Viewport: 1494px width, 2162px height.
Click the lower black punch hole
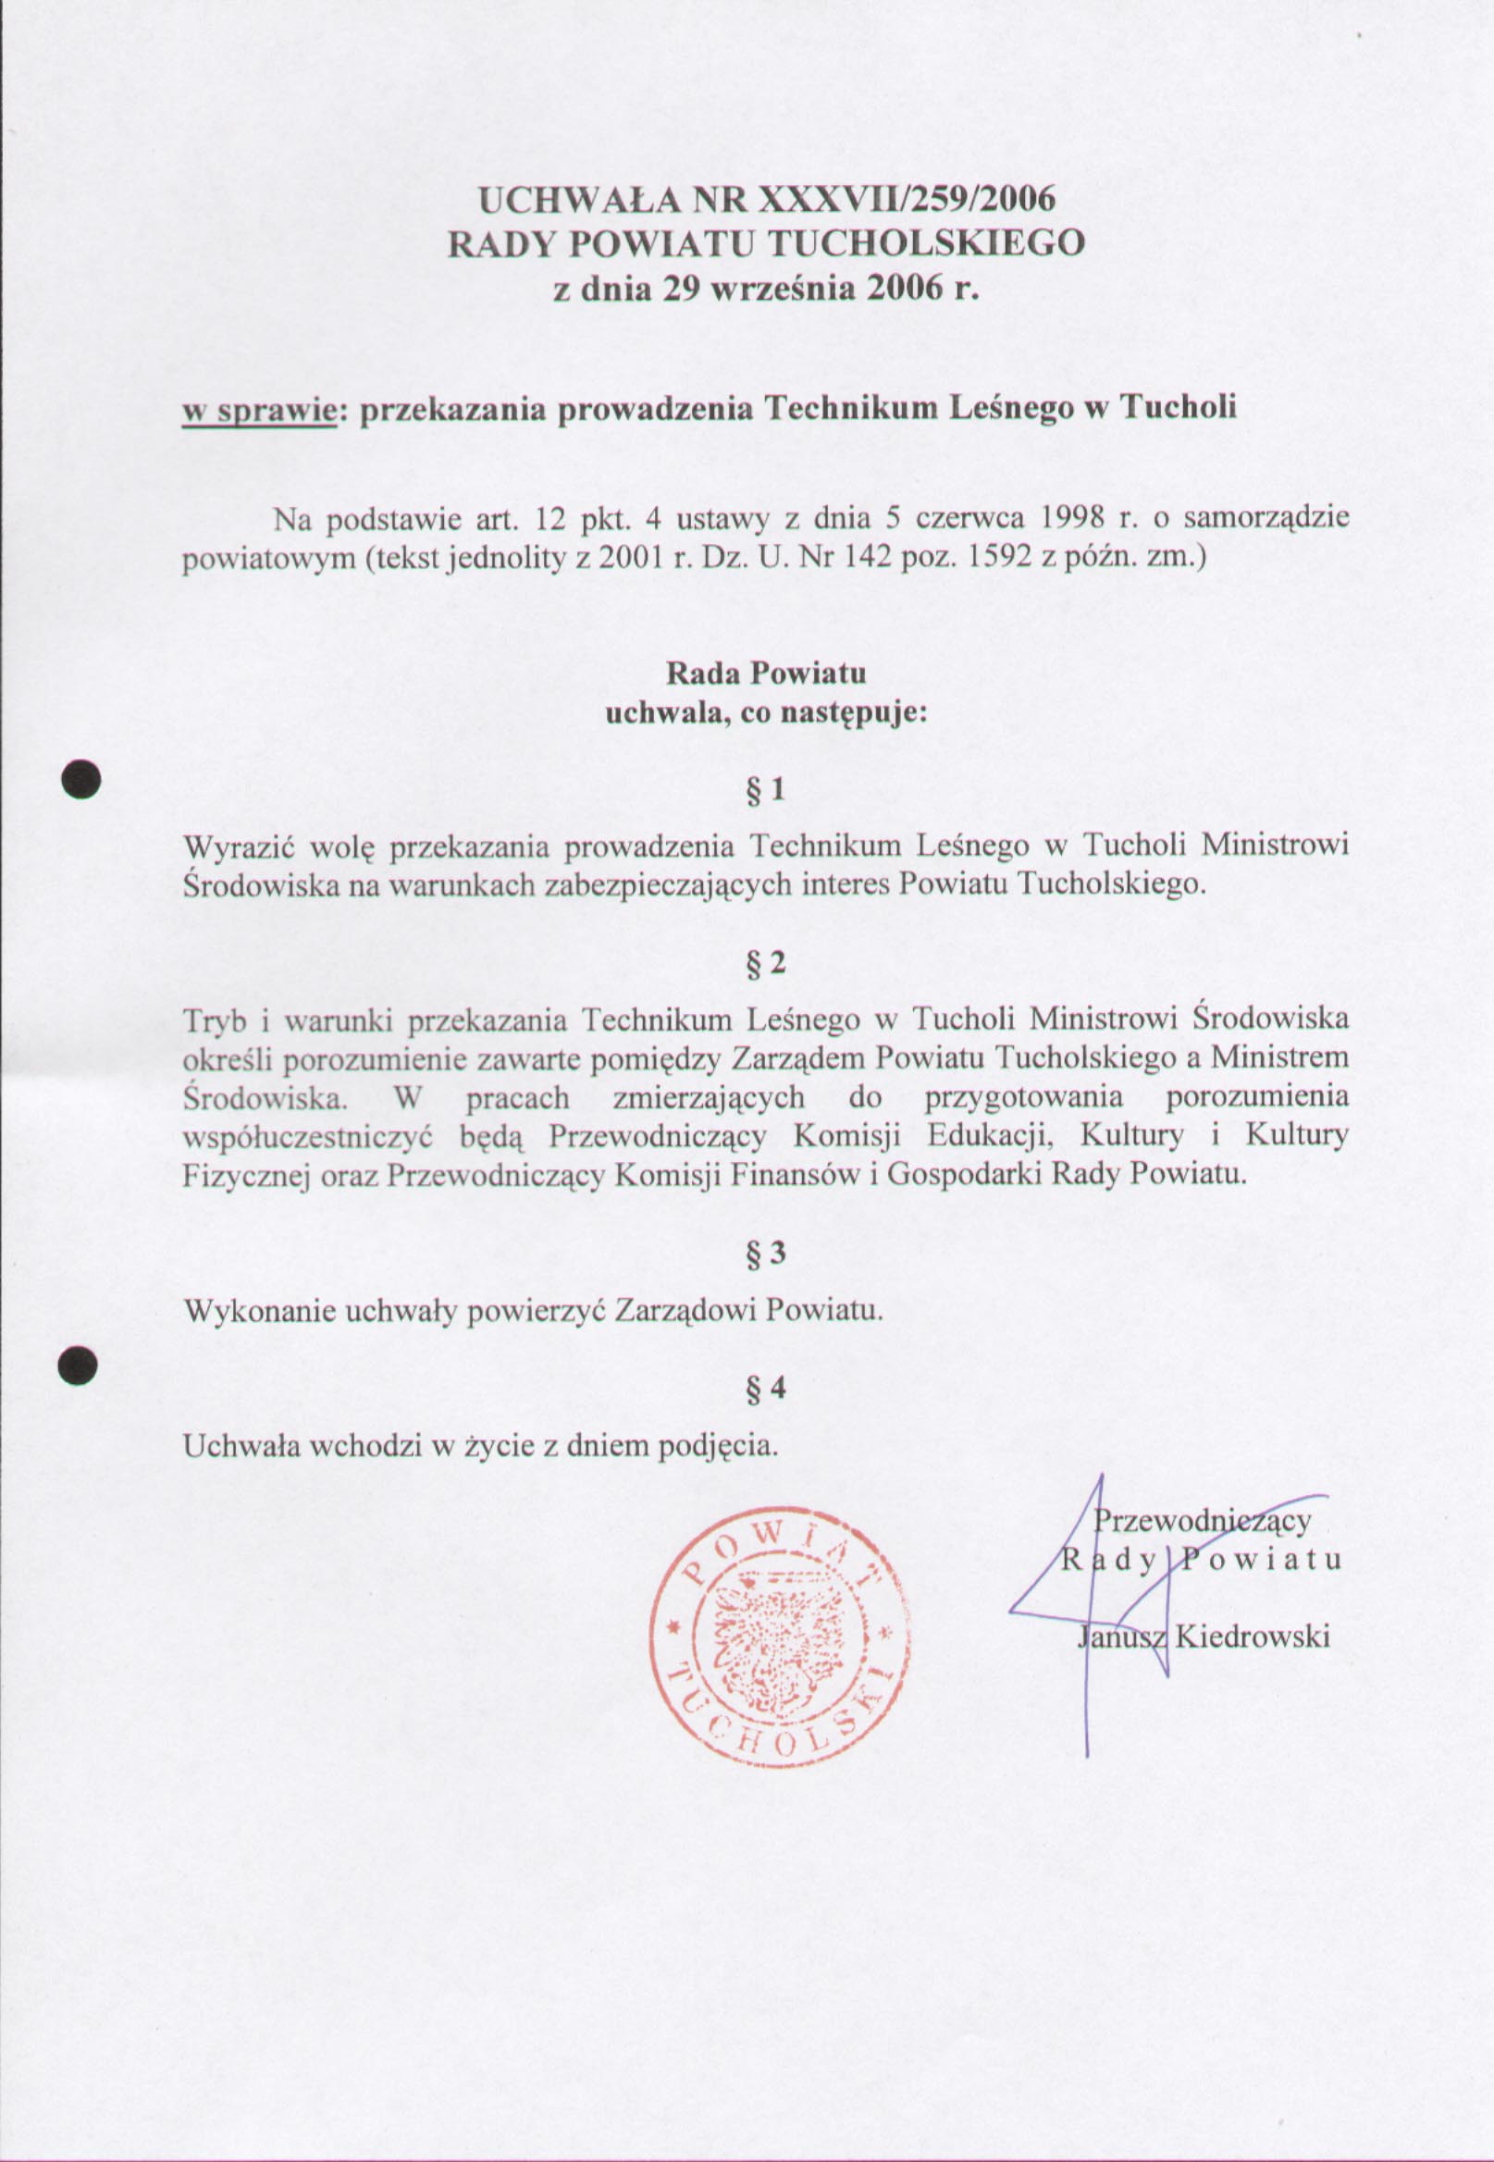pos(78,1365)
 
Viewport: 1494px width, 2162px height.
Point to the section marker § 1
pos(765,792)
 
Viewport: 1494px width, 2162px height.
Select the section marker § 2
pos(765,964)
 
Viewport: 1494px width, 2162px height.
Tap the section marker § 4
pos(765,1389)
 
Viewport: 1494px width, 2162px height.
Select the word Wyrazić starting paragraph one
pos(240,847)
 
